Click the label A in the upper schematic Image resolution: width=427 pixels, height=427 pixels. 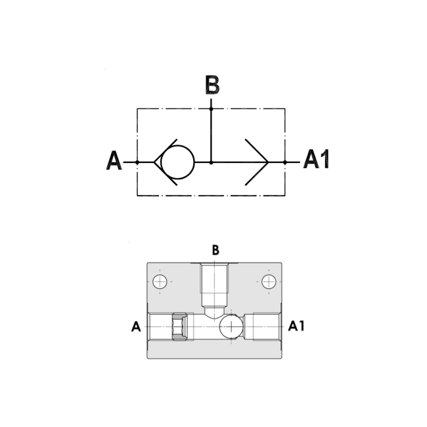[x=114, y=161]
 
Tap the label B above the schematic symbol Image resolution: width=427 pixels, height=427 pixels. [x=212, y=85]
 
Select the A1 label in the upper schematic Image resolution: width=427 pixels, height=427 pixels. [x=316, y=160]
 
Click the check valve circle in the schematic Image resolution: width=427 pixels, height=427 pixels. [x=177, y=162]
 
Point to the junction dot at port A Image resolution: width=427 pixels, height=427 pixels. [x=137, y=162]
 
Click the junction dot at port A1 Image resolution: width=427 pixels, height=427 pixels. [x=284, y=162]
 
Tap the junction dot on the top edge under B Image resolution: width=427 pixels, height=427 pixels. [x=211, y=108]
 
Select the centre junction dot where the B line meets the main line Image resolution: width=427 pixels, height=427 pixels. [x=211, y=162]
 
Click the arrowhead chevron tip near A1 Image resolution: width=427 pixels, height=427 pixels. [x=267, y=162]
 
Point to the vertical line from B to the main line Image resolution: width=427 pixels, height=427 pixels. [x=211, y=135]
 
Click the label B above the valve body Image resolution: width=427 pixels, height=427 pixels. [x=215, y=250]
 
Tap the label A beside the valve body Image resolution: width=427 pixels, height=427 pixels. [x=136, y=326]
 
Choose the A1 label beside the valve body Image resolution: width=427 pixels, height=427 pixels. [x=296, y=326]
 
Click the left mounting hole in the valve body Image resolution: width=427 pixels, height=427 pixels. [x=160, y=282]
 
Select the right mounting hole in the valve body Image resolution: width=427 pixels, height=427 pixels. [x=269, y=282]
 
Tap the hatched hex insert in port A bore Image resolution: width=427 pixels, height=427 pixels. [x=179, y=326]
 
